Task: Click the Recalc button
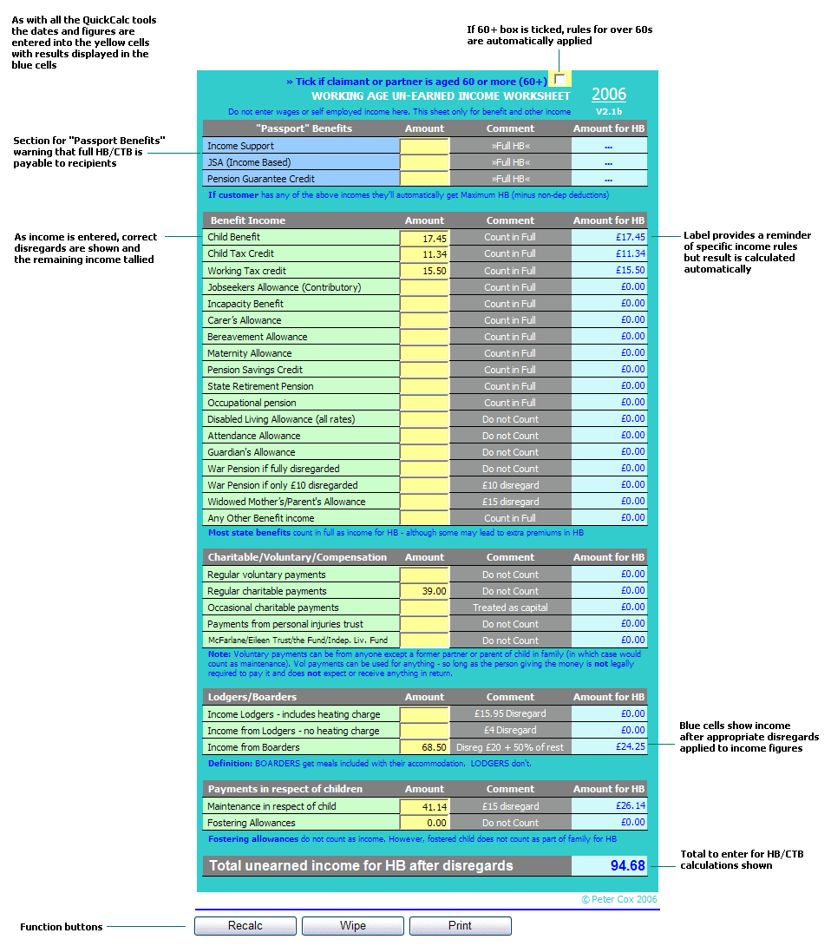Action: [x=245, y=926]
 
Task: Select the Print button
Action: [x=460, y=926]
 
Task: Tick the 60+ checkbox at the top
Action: [x=559, y=79]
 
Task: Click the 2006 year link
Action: [x=609, y=95]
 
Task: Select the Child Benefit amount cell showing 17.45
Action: [x=424, y=238]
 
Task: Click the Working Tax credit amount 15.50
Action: [x=424, y=271]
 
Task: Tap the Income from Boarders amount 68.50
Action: [x=424, y=747]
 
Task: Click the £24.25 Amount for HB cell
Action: [x=609, y=746]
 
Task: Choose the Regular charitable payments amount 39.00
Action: [x=424, y=591]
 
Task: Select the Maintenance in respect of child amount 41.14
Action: [x=424, y=806]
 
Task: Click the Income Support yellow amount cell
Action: [x=424, y=147]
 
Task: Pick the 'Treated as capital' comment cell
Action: [x=510, y=608]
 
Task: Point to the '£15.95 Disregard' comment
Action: [x=510, y=714]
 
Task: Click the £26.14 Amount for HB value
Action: [x=609, y=805]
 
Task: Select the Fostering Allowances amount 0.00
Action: [x=424, y=823]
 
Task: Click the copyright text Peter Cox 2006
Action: [x=619, y=899]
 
